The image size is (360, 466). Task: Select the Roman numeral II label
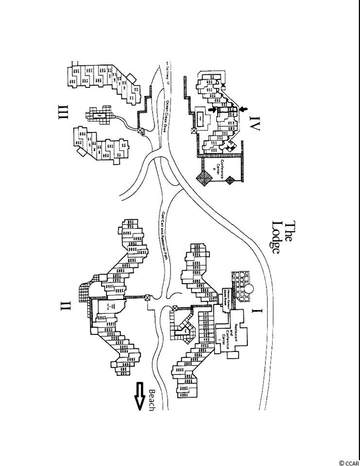pos(66,306)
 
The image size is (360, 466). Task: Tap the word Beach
pos(152,400)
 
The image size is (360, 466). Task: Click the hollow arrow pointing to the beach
pos(140,396)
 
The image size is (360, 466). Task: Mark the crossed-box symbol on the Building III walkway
pos(141,131)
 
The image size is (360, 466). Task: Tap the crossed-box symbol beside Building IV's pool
pos(194,131)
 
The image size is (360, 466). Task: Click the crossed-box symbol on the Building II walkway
pos(148,298)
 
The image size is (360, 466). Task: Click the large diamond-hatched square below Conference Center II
pos(204,179)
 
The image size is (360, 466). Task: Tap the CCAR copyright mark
pos(348,462)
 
